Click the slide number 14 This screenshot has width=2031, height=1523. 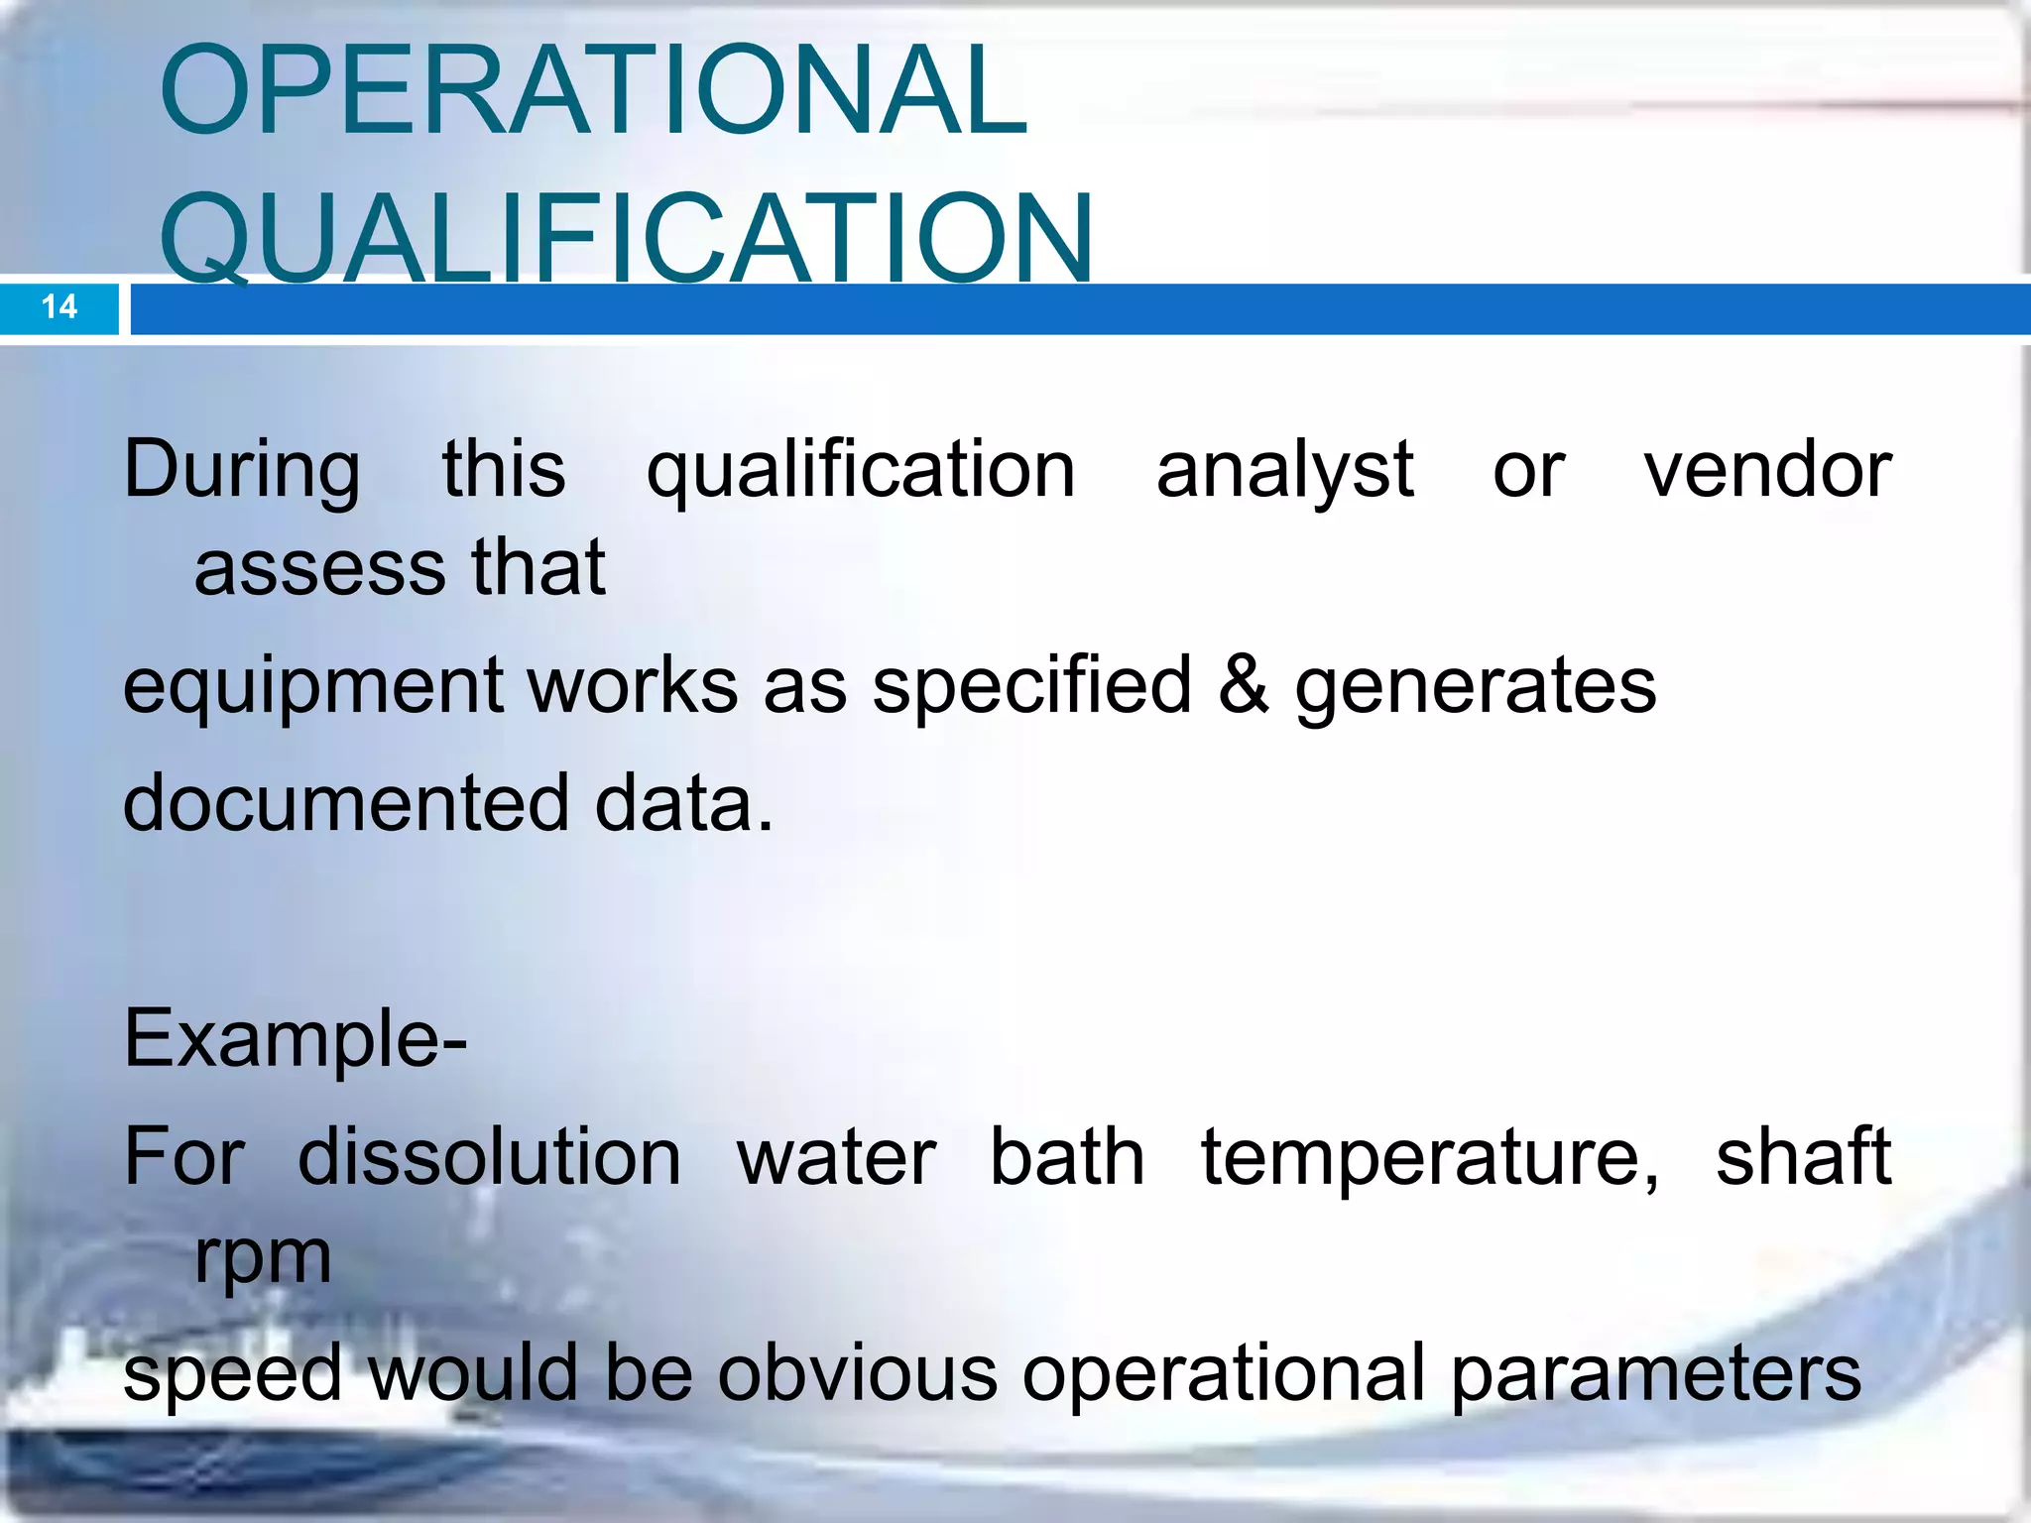tap(60, 306)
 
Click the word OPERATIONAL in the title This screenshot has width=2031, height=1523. tap(593, 90)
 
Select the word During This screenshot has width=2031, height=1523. tap(242, 470)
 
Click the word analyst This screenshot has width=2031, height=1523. tap(1284, 470)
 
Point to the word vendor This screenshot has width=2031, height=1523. tap(1767, 470)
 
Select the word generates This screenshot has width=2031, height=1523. tap(1476, 687)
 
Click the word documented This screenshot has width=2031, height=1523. tap(346, 803)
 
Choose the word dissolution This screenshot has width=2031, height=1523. tap(489, 1157)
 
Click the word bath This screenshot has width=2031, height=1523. tap(1067, 1157)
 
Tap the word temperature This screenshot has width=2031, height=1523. tap(1429, 1159)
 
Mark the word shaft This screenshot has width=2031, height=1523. tap(1803, 1157)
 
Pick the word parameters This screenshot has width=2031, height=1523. tap(1655, 1375)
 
